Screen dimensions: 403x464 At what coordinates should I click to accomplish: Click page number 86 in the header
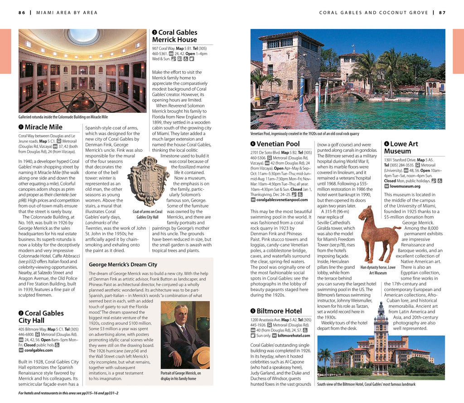[x=22, y=13]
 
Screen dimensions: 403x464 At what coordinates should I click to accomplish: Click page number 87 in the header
[x=442, y=13]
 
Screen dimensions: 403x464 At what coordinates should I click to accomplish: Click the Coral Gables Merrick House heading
[x=175, y=36]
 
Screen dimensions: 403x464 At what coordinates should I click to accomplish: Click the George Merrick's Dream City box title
[x=123, y=264]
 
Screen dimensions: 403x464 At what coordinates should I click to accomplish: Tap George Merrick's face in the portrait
[x=181, y=316]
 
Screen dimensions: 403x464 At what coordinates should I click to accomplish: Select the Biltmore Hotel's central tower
[x=381, y=331]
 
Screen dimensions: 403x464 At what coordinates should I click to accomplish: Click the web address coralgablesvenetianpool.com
[x=282, y=199]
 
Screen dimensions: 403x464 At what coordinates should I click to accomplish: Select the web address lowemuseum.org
[x=405, y=186]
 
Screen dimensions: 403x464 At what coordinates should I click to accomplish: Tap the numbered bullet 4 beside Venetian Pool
[x=253, y=144]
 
